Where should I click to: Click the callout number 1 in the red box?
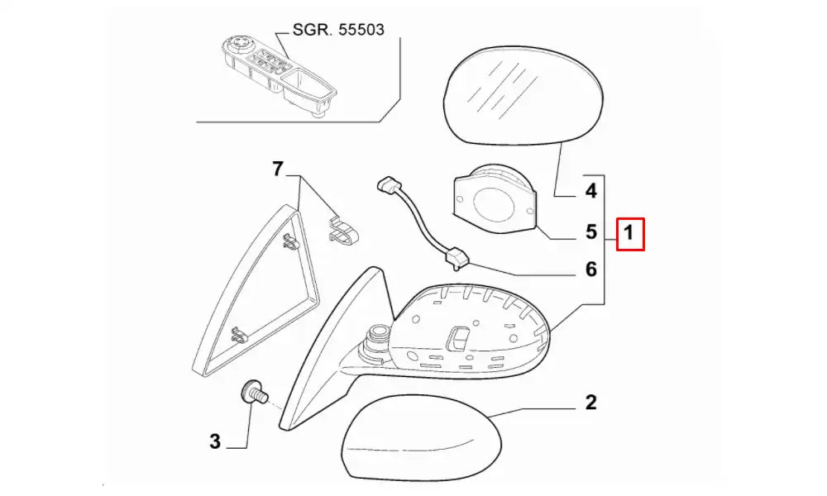tap(629, 232)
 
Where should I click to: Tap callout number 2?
tap(590, 403)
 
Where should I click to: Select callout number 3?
tap(215, 441)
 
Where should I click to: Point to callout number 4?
tap(590, 191)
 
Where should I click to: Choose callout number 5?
tap(591, 231)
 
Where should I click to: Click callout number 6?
tap(591, 269)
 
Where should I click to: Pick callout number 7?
tap(278, 169)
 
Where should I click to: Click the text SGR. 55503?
tap(338, 30)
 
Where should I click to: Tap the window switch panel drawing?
tap(279, 75)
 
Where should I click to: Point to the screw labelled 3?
tap(255, 393)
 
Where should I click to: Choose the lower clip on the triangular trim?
tap(239, 334)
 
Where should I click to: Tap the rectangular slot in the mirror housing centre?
tap(457, 337)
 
